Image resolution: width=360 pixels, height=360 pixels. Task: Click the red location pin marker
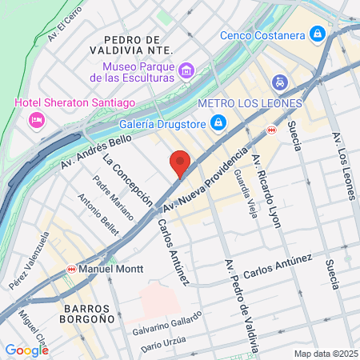[181, 163]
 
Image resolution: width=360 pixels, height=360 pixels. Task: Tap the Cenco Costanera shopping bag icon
[318, 34]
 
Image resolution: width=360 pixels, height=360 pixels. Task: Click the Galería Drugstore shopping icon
[217, 122]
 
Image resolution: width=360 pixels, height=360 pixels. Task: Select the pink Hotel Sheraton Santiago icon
[36, 120]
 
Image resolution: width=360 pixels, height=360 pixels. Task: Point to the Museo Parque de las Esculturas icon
[186, 70]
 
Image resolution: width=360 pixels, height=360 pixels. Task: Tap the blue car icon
[279, 82]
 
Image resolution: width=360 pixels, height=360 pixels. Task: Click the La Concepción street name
[126, 180]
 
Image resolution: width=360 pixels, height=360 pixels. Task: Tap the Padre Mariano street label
[106, 196]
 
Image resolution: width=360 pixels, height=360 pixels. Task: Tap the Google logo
[26, 350]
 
